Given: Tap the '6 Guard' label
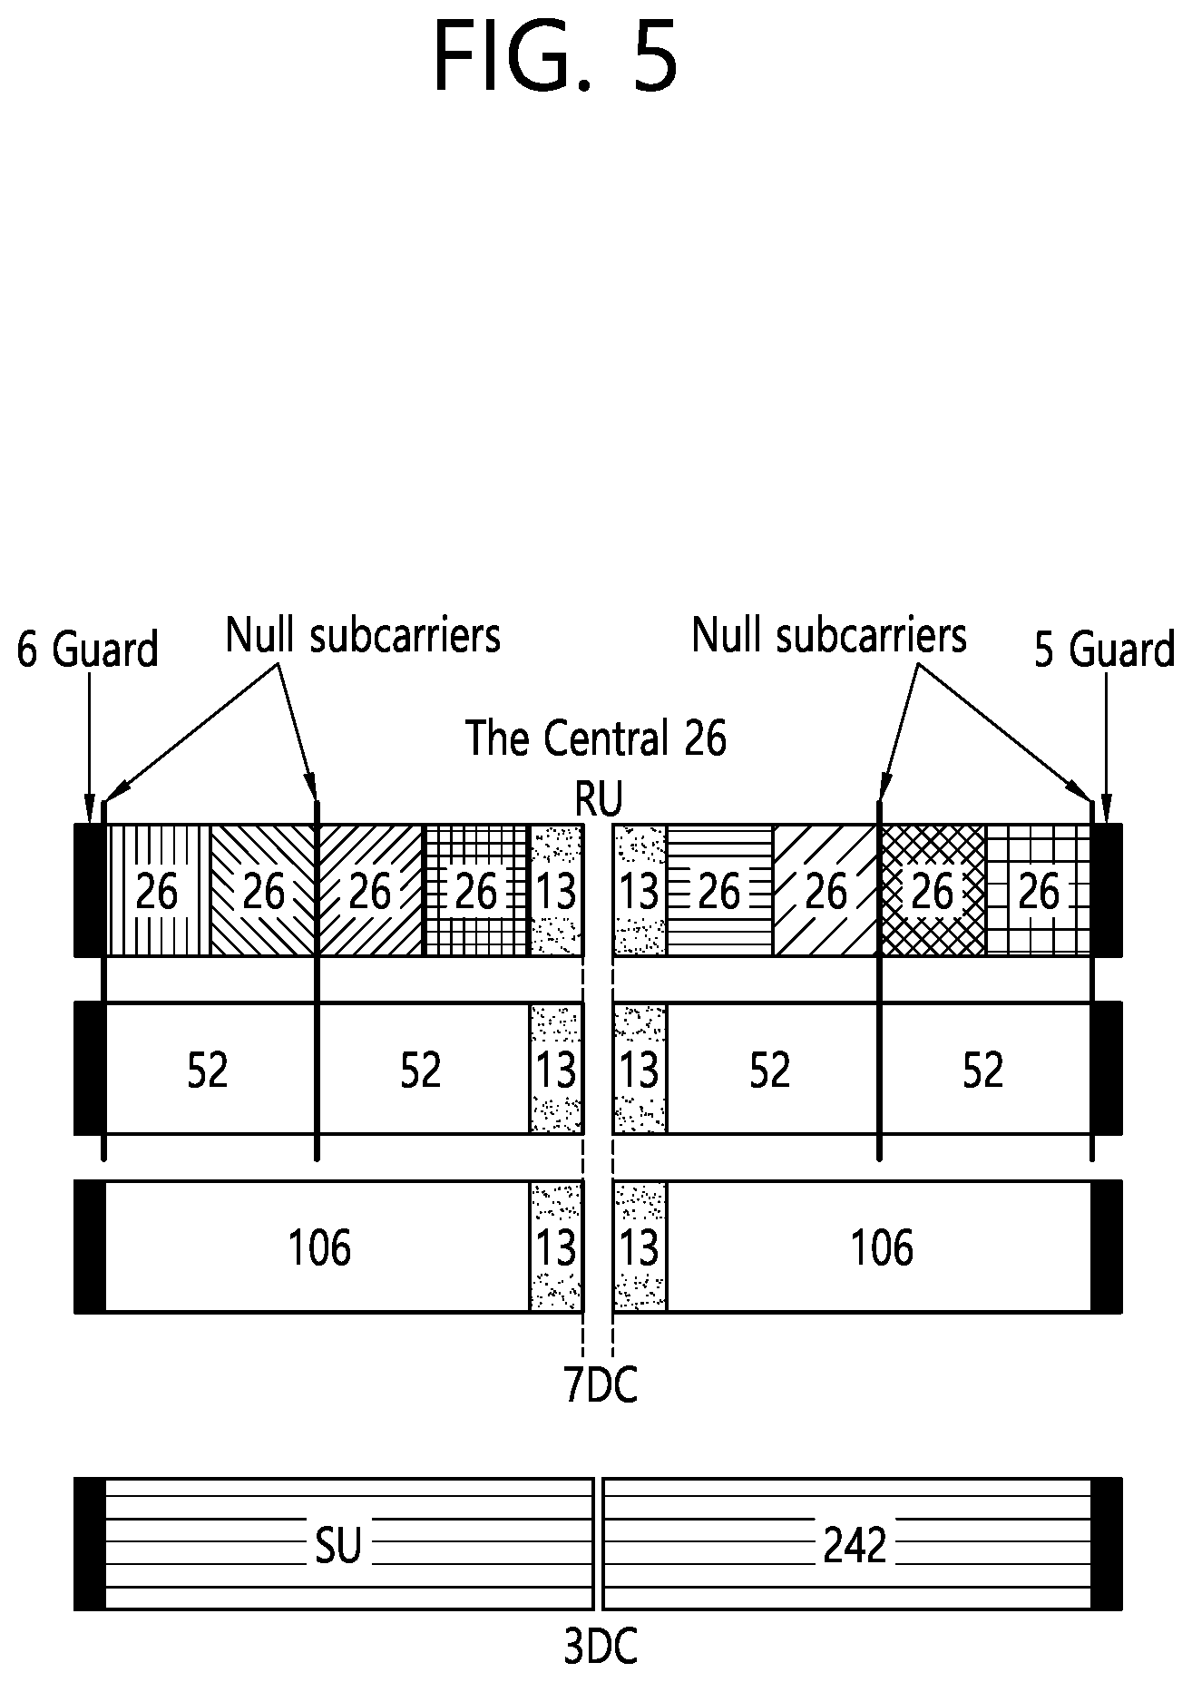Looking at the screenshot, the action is (x=87, y=650).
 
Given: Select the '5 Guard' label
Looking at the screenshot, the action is (x=1104, y=650).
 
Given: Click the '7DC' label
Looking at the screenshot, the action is (x=600, y=1385).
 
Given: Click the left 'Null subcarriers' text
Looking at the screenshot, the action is (x=363, y=635).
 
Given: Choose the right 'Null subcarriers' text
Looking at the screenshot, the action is (x=829, y=635).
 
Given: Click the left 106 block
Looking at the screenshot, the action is (x=318, y=1247).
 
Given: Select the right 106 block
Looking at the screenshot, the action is (x=879, y=1247).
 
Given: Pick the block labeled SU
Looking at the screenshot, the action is (x=349, y=1544).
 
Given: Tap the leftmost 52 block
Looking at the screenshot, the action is (x=210, y=1069).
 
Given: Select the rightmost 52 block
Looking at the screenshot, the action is (x=985, y=1069).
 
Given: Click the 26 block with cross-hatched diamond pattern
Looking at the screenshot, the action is (x=932, y=890).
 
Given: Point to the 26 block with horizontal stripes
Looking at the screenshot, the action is (x=720, y=890).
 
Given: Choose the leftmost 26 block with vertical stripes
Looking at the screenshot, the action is (x=158, y=890).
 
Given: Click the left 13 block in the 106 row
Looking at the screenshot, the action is (x=555, y=1247).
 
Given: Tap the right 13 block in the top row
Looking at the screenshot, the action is (x=640, y=890).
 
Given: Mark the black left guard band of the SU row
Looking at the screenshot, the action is (x=90, y=1544).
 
